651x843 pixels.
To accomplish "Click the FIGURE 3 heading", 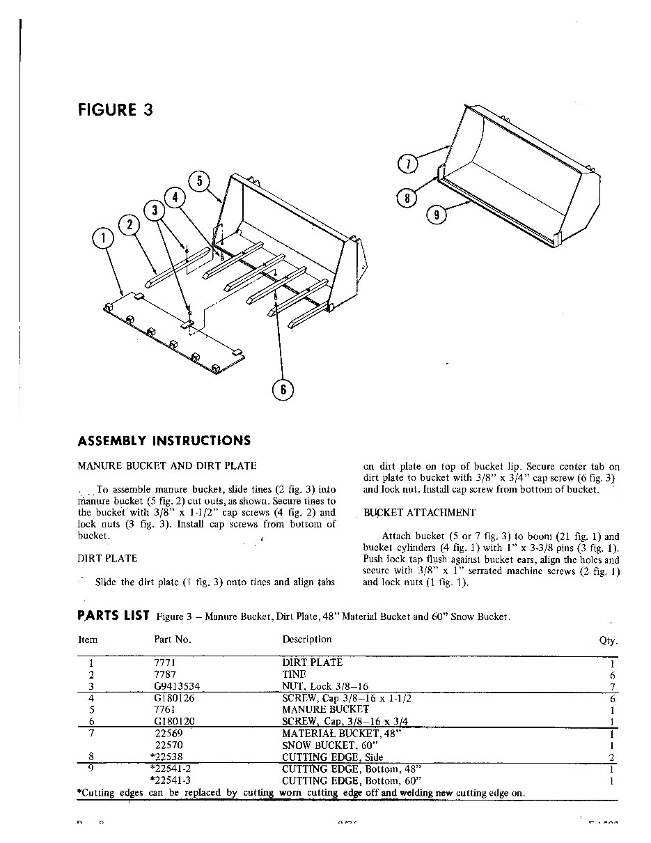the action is pos(115,110).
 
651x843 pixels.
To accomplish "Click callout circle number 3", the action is pos(154,210).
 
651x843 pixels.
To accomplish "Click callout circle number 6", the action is pos(283,389).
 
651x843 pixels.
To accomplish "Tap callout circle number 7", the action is pos(407,164).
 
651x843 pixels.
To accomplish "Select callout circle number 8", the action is pos(407,198).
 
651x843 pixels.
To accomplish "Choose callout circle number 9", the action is pos(436,215).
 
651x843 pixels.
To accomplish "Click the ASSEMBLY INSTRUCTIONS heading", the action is pos(164,441).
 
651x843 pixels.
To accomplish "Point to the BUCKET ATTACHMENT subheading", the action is pos(420,513).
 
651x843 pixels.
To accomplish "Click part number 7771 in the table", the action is pos(164,663).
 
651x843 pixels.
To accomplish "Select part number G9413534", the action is pos(178,686).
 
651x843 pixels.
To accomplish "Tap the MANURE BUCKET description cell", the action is pos(325,709).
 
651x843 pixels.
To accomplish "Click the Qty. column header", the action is pos(608,641).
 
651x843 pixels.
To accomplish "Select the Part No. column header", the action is pos(172,639).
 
